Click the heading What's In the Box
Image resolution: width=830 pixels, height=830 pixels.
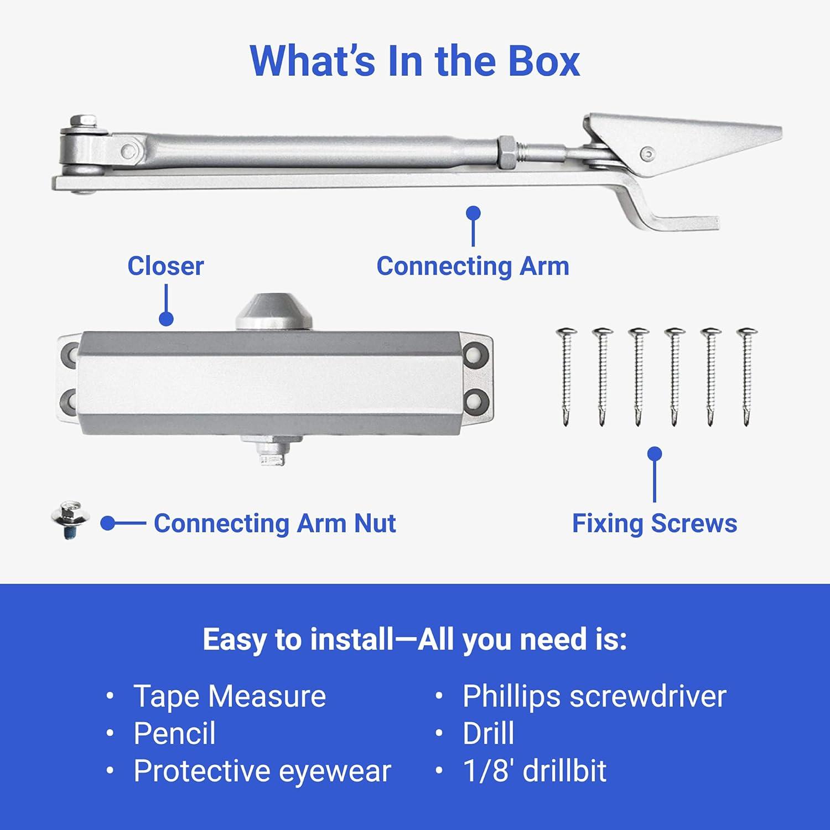414,61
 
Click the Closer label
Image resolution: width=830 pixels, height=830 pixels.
165,266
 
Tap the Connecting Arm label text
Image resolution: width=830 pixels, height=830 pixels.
473,266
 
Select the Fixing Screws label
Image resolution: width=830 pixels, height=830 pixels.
654,523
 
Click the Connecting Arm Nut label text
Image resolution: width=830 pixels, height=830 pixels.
274,523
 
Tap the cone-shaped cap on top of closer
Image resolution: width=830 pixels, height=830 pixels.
273,313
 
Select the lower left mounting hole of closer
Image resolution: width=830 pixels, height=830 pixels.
71,399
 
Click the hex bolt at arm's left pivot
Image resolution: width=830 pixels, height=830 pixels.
84,123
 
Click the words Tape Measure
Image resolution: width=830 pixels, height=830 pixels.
229,696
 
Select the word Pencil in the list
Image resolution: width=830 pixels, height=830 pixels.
174,734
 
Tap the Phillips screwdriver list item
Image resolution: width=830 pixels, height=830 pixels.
594,696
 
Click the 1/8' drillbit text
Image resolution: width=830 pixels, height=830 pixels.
534,771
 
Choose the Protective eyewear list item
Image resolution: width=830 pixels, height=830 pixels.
262,771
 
